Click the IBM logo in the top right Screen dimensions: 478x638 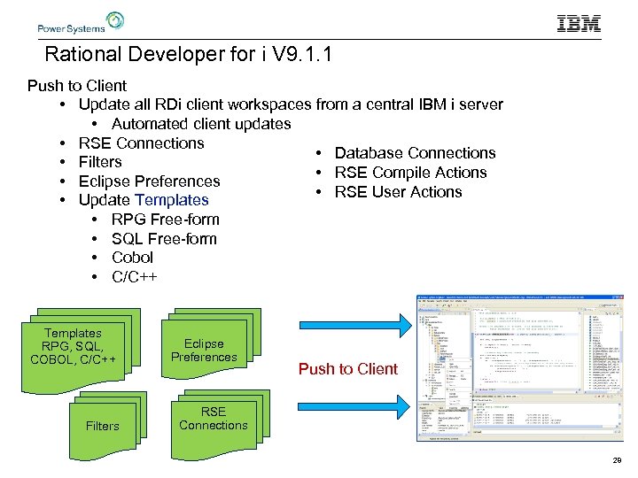pyautogui.click(x=579, y=24)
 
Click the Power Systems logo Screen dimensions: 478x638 pyautogui.click(x=81, y=22)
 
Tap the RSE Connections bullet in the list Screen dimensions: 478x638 pyautogui.click(x=141, y=143)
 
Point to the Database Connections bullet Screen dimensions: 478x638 pyautogui.click(x=415, y=153)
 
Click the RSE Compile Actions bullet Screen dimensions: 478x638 pyautogui.click(x=410, y=173)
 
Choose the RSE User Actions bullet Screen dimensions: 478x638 pyautogui.click(x=398, y=192)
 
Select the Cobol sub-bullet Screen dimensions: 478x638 pyautogui.click(x=132, y=258)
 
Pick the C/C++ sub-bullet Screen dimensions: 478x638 pyautogui.click(x=134, y=277)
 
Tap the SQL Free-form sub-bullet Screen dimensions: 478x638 pyautogui.click(x=164, y=239)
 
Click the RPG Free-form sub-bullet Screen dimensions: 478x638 pyautogui.click(x=165, y=220)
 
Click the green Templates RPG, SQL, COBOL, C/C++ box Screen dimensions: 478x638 pyautogui.click(x=74, y=346)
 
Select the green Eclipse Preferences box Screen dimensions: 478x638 pyautogui.click(x=204, y=351)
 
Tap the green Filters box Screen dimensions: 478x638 pyautogui.click(x=102, y=426)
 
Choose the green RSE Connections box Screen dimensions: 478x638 pyautogui.click(x=213, y=419)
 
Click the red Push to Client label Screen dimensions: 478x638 pyautogui.click(x=348, y=369)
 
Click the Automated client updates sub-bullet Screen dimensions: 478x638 pyautogui.click(x=201, y=124)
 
